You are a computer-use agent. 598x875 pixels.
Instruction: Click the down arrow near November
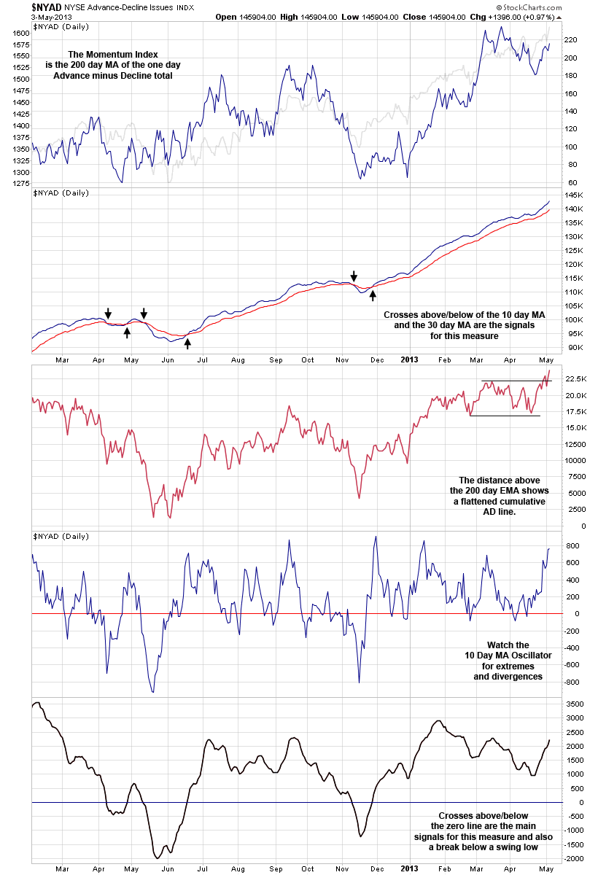354,276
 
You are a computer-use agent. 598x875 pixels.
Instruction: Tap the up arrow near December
373,295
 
